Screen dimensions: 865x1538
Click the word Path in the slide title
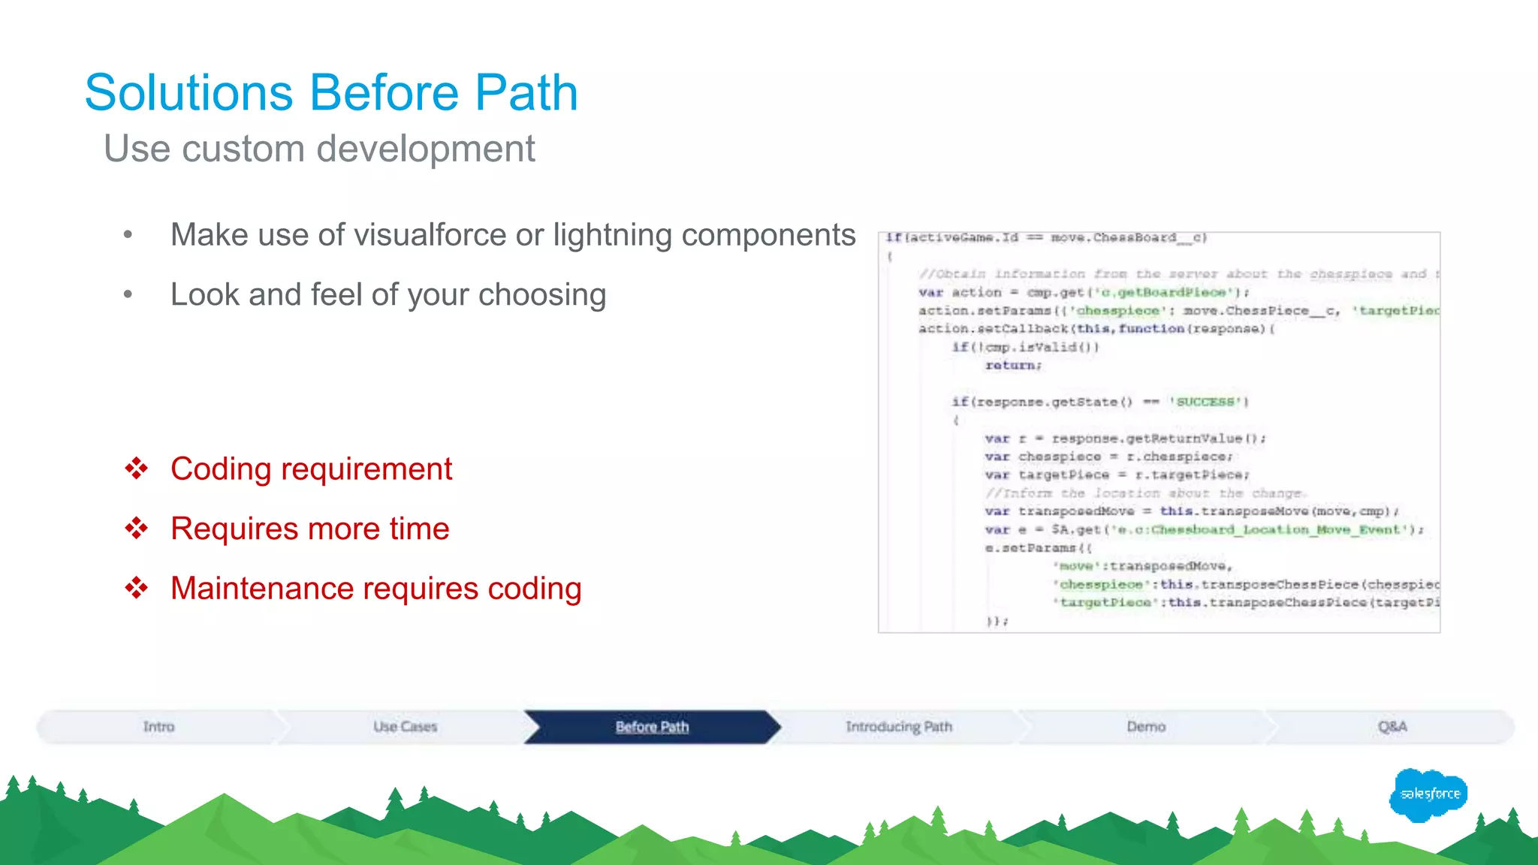tap(526, 93)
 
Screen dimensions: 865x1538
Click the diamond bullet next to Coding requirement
tap(137, 469)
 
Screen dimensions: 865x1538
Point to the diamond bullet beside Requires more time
tap(137, 529)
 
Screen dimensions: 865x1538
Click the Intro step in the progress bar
tap(158, 727)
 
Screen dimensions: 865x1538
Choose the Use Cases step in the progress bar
tap(405, 727)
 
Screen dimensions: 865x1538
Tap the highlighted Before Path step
tap(652, 727)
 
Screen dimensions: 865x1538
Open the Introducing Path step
tap(898, 727)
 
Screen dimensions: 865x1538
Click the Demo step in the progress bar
tap(1145, 727)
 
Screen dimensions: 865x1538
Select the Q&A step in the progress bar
tap(1392, 727)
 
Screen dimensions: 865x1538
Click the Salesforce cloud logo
tap(1428, 794)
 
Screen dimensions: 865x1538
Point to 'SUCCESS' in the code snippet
tap(1207, 402)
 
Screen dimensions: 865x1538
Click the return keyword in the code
tap(1013, 366)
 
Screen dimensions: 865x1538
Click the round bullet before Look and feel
tap(128, 295)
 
